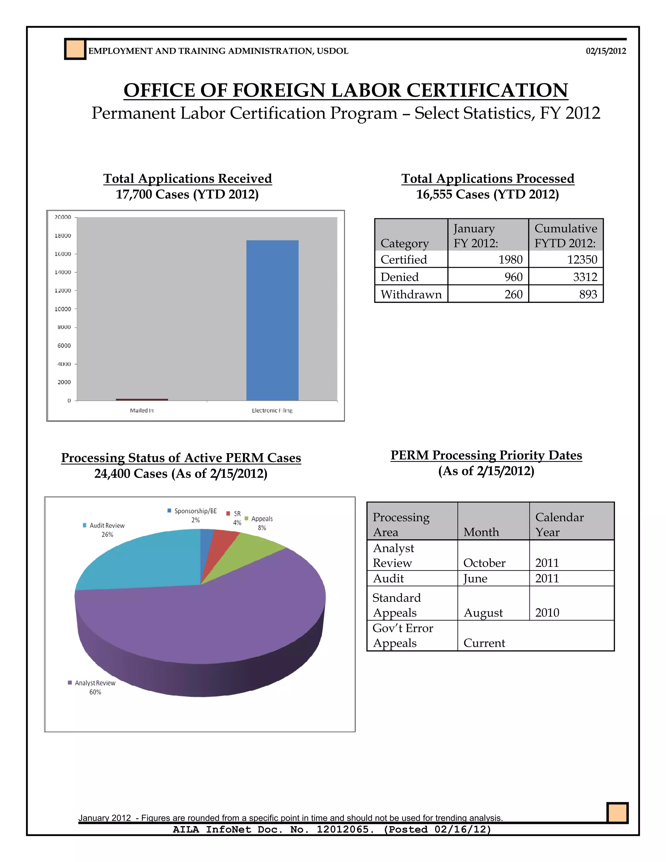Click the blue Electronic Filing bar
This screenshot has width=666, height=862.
(272, 320)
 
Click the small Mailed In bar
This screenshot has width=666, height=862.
(142, 399)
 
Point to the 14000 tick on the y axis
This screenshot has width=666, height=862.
(63, 272)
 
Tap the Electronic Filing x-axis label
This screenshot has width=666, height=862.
(272, 411)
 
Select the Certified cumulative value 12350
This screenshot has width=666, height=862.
(582, 260)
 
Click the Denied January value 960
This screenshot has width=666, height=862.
(513, 277)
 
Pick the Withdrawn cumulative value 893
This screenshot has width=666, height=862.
(588, 294)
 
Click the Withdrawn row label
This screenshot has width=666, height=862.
(411, 294)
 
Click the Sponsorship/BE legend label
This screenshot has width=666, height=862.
(195, 511)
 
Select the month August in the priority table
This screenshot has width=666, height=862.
(483, 613)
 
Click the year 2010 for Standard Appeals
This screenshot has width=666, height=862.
(547, 613)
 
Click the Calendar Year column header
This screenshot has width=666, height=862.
(559, 525)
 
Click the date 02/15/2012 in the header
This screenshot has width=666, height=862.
(606, 51)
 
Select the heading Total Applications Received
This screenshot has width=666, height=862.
(187, 178)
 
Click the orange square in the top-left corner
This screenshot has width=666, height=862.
(75, 49)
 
